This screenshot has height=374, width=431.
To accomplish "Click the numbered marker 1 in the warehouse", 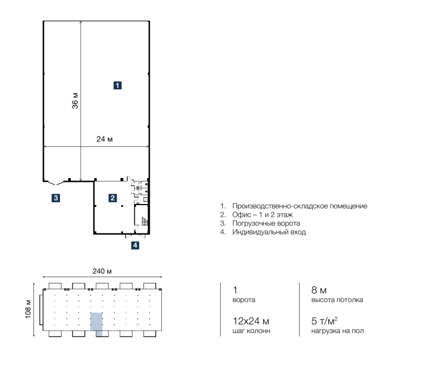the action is [118, 85].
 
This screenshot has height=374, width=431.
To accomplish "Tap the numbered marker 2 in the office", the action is [112, 198].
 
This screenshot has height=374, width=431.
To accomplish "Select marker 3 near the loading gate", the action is [56, 198].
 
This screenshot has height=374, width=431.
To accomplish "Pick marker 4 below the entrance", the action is [135, 245].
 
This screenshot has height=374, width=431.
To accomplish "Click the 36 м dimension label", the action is [75, 101].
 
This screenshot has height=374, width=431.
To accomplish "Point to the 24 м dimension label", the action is [104, 139].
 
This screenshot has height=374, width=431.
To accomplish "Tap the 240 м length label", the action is [102, 271].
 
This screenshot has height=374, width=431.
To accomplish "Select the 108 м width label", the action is [28, 309].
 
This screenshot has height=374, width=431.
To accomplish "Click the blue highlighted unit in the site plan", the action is [96, 324].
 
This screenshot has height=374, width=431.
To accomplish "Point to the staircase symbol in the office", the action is [145, 221].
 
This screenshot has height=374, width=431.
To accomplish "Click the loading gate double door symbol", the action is [56, 183].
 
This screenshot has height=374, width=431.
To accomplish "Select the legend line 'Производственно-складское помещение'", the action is [300, 206].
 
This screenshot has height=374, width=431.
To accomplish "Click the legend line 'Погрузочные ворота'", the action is [266, 223].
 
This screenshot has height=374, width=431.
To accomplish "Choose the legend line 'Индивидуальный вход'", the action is [269, 232].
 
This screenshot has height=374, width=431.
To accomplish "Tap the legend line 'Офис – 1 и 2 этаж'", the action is [263, 214].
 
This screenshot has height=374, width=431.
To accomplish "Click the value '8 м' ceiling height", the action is [319, 290].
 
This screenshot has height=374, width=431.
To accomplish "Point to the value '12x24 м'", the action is [251, 321].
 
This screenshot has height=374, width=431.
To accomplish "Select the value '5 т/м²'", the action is [324, 320].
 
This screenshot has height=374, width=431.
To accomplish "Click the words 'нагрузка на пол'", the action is [338, 331].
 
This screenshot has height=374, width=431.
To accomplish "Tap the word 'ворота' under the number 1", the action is [244, 300].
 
